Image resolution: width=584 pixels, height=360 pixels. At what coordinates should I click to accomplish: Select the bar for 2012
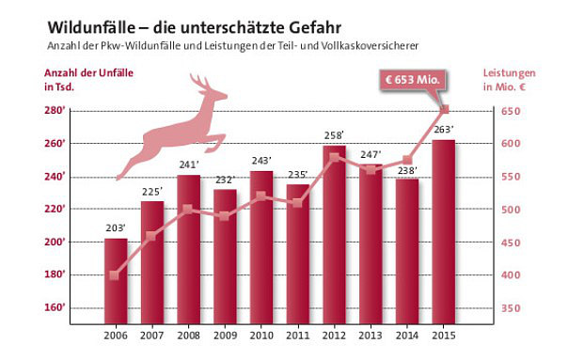[335, 235]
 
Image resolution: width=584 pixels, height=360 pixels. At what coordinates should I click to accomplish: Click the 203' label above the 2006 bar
[116, 227]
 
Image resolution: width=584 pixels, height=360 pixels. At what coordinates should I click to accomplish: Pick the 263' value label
[444, 129]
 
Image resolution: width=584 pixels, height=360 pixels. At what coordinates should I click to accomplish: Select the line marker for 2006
[115, 275]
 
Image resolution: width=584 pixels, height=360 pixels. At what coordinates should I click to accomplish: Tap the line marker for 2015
[445, 110]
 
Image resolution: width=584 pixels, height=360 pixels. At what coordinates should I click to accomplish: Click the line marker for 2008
[188, 209]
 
